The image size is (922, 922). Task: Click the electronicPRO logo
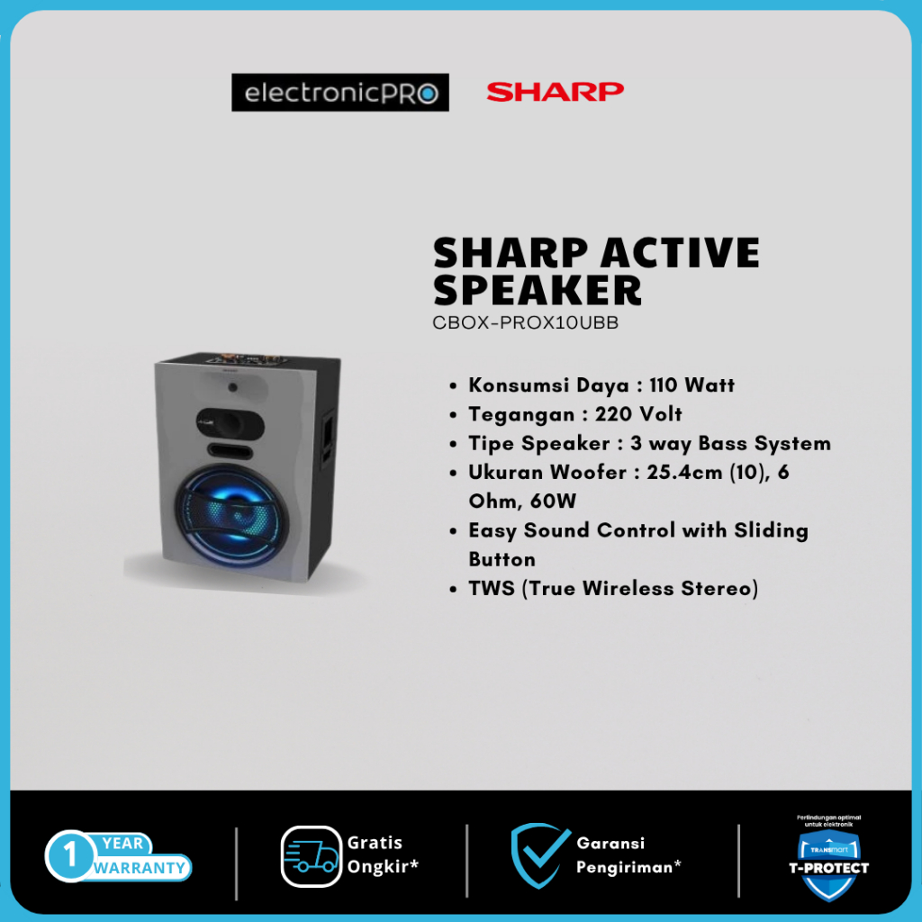click(x=339, y=93)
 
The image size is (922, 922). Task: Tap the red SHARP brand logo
click(x=555, y=91)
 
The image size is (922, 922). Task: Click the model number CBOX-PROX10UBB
click(x=526, y=323)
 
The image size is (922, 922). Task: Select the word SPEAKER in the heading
click(x=538, y=290)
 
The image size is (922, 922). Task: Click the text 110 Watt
click(x=691, y=385)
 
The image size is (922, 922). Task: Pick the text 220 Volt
click(x=638, y=414)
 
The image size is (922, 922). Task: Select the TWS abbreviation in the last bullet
click(x=492, y=588)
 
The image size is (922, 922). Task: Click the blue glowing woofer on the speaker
click(x=238, y=517)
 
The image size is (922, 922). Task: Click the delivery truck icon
click(x=312, y=856)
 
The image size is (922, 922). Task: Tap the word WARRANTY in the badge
click(x=140, y=868)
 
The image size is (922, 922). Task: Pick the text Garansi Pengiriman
click(x=628, y=854)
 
